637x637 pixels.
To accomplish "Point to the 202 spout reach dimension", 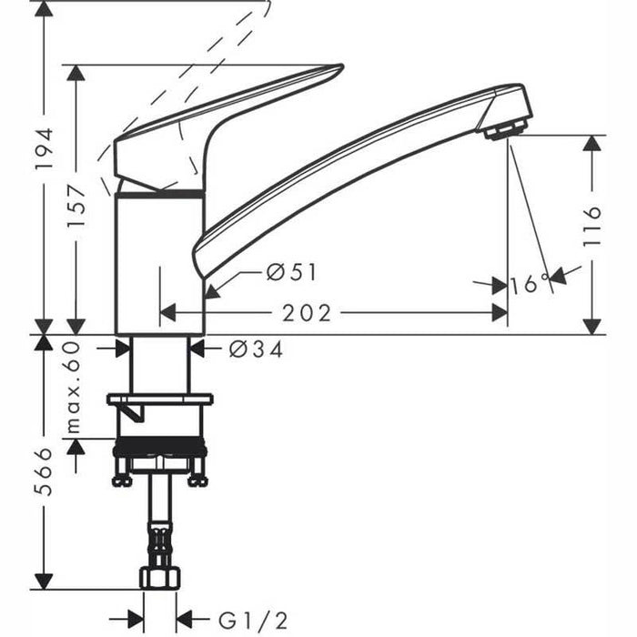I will (306, 313).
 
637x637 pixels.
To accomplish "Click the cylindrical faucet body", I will (159, 264).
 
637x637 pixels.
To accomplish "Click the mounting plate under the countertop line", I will (159, 399).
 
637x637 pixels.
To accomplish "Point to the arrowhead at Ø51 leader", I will (210, 292).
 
